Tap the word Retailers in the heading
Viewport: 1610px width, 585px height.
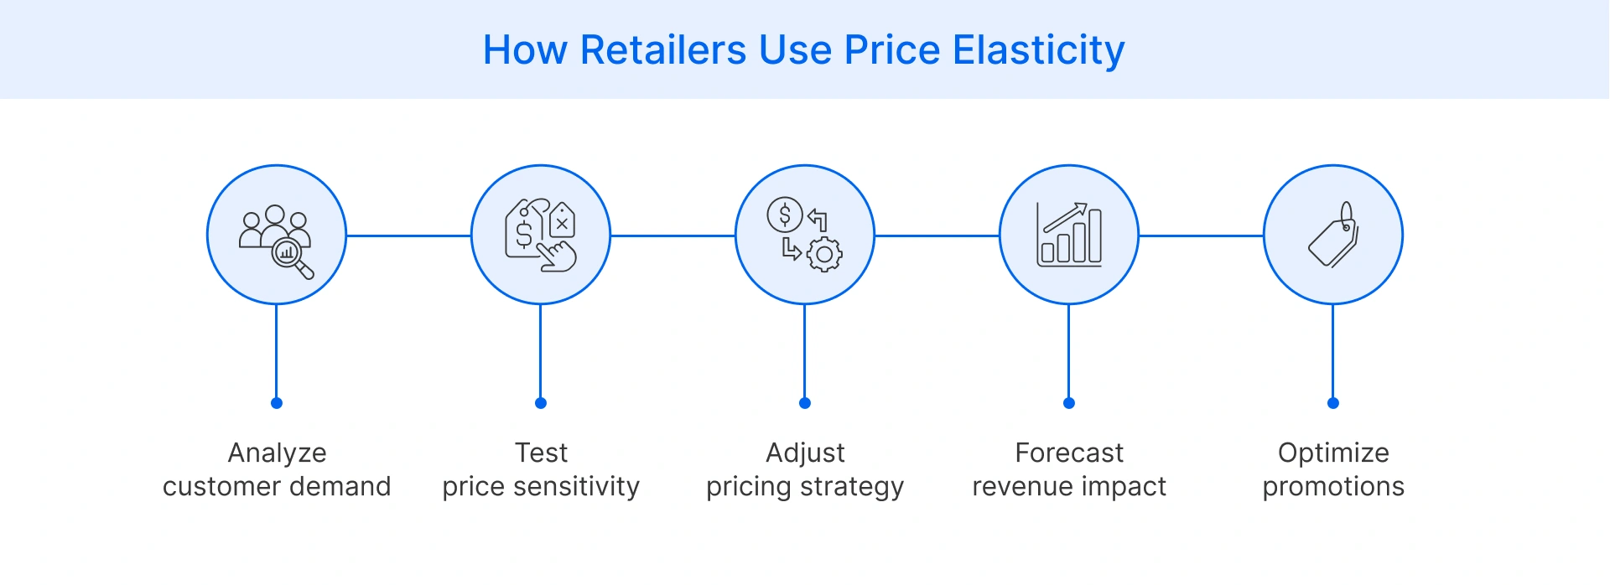[x=662, y=50]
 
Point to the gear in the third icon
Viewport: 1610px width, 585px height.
[x=824, y=255]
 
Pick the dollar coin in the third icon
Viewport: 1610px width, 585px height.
[x=785, y=216]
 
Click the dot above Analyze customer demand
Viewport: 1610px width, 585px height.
[x=277, y=403]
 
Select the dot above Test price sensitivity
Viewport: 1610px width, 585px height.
[x=541, y=403]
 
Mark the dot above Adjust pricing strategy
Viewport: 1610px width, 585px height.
[x=805, y=403]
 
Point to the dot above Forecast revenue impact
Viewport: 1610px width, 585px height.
[x=1069, y=403]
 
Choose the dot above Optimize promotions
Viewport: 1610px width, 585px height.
[x=1333, y=403]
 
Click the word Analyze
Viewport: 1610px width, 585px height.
[x=277, y=453]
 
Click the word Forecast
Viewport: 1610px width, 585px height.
[x=1069, y=453]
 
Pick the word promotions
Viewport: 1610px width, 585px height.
[x=1333, y=487]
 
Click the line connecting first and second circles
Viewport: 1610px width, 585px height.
[x=408, y=236]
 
